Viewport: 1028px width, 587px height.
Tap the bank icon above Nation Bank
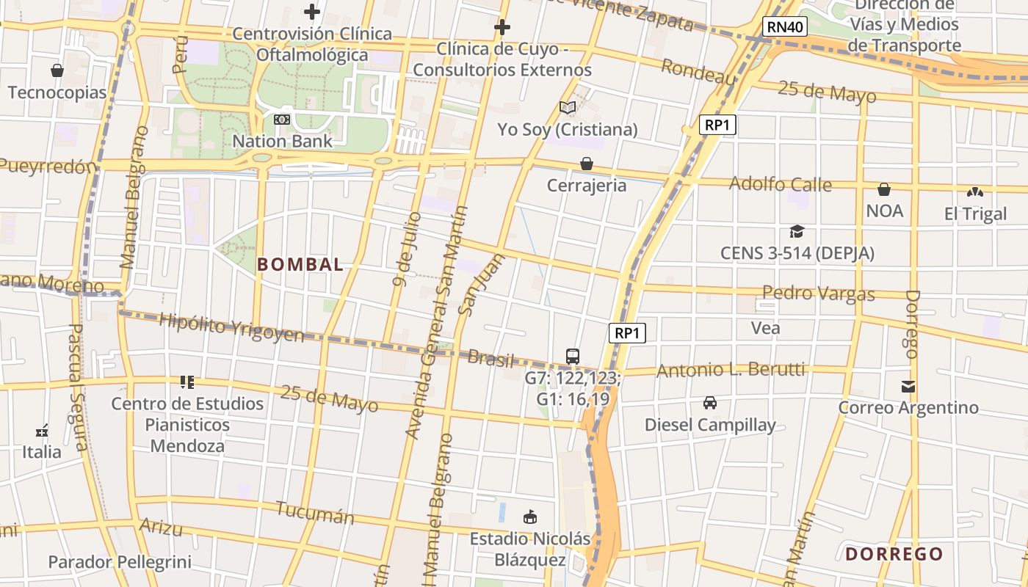pos(282,120)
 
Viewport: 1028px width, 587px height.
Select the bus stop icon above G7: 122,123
pos(573,357)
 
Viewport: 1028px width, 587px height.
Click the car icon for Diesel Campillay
pos(710,403)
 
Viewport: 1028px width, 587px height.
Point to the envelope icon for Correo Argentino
pos(908,386)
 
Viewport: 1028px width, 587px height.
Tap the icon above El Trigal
pos(975,192)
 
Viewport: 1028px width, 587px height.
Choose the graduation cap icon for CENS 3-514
pos(797,232)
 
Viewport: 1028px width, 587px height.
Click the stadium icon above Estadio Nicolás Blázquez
pos(529,517)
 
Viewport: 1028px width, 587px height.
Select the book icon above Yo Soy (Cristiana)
pos(567,108)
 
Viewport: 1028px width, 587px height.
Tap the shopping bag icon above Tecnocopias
pos(57,71)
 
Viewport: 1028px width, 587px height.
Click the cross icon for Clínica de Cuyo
pos(502,28)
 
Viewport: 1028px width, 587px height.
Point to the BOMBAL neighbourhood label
pos(300,265)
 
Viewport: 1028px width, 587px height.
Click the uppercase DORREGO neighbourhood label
pos(894,554)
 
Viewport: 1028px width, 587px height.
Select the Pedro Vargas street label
pos(818,293)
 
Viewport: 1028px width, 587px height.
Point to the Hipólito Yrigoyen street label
pos(231,328)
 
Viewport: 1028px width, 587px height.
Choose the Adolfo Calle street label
pos(780,183)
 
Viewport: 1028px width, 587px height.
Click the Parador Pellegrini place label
pos(120,563)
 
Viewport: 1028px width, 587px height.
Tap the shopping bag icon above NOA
pos(884,189)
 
